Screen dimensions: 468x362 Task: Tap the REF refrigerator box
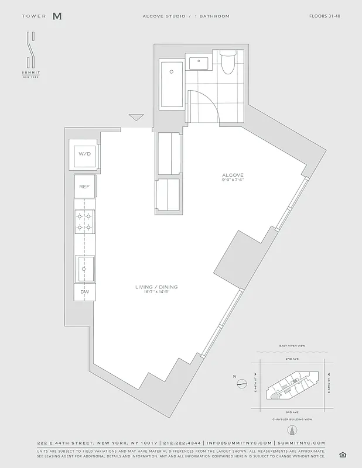point(84,187)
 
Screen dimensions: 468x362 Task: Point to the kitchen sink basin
point(85,269)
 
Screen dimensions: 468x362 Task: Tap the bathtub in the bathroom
point(171,83)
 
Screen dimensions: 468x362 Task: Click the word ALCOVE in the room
point(233,175)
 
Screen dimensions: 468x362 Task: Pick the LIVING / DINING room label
point(156,287)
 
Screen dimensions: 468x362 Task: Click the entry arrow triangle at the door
point(136,118)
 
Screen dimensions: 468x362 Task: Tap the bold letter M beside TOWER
point(57,16)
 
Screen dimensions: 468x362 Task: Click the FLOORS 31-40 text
point(325,16)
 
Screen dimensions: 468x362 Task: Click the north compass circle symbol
point(242,384)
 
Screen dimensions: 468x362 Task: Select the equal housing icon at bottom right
point(343,455)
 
